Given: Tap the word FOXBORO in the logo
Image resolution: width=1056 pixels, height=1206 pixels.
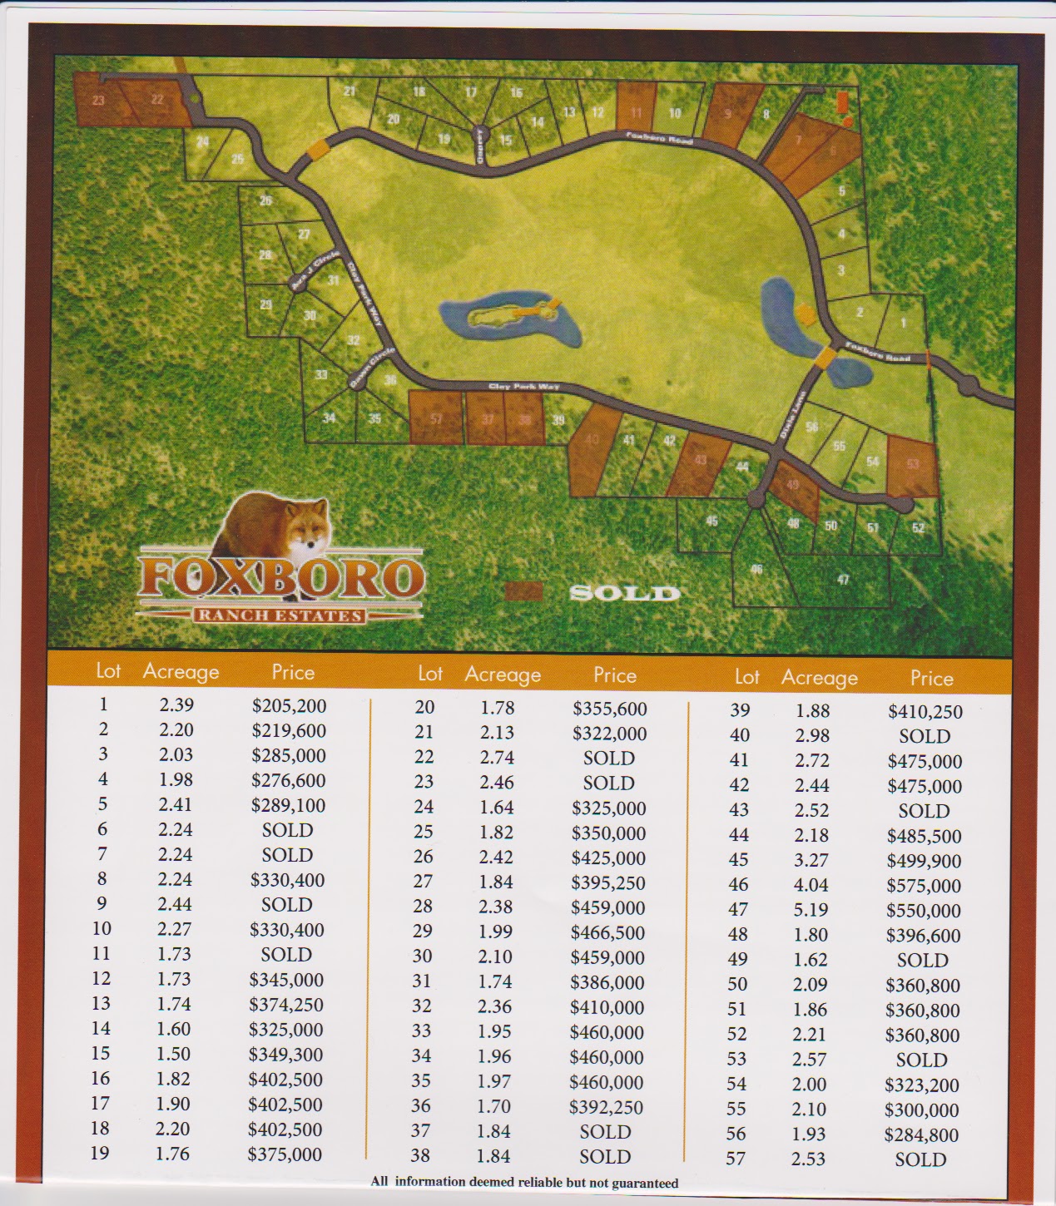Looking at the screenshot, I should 280,578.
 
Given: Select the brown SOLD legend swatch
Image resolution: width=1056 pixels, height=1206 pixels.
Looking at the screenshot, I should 524,591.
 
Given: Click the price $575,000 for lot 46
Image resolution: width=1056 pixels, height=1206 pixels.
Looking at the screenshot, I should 924,886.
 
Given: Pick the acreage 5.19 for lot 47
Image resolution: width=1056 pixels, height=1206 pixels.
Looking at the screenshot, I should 811,910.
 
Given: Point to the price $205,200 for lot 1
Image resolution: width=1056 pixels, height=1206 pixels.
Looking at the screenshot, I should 289,706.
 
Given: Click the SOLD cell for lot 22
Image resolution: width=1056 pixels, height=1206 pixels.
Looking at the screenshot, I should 608,759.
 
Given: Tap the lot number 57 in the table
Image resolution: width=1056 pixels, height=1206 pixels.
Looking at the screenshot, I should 736,1159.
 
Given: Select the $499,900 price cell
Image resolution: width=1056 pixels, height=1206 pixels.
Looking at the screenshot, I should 924,861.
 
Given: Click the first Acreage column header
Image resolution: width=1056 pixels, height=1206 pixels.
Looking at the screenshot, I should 181,671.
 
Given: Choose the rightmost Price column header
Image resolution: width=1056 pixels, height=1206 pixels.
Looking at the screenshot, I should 931,679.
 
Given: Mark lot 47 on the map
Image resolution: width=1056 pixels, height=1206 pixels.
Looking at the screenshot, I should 843,580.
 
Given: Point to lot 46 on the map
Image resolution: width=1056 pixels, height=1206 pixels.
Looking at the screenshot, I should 756,570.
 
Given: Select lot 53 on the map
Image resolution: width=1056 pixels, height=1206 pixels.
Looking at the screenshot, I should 912,464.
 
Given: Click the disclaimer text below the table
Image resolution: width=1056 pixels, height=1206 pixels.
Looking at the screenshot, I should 524,1183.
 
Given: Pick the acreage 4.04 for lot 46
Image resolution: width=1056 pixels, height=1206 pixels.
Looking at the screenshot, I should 811,885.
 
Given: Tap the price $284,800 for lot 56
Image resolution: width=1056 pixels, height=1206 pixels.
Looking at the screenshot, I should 921,1135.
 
